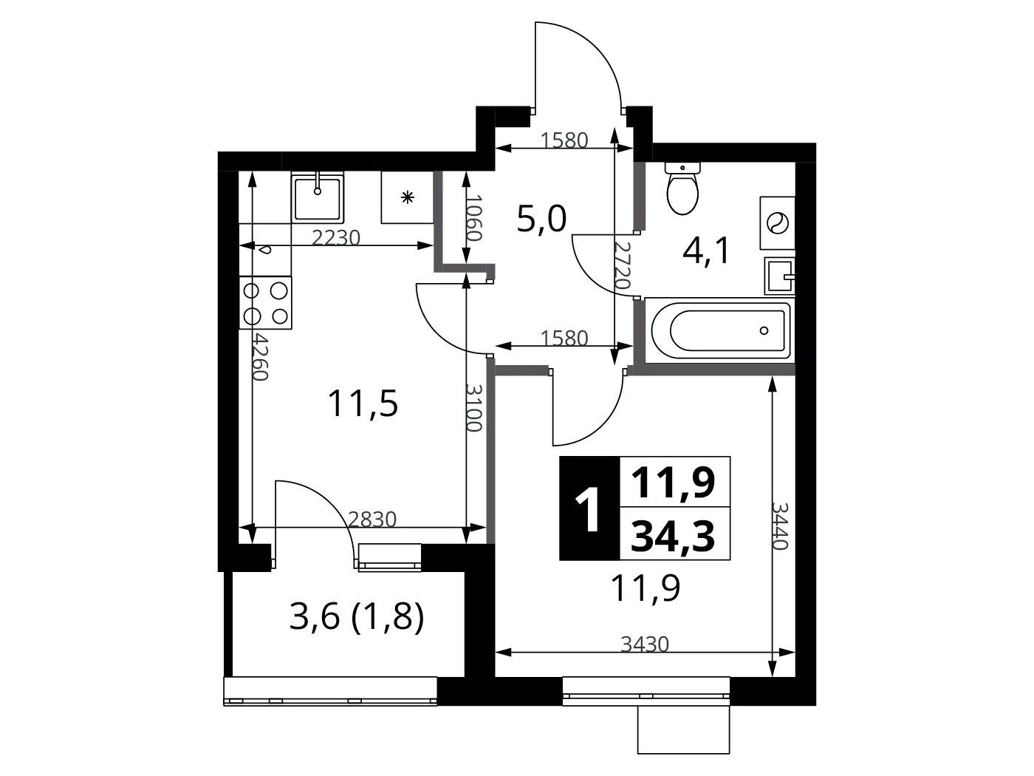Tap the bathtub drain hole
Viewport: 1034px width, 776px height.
point(764,330)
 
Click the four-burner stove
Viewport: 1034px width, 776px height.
point(265,302)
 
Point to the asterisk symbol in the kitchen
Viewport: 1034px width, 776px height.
point(408,197)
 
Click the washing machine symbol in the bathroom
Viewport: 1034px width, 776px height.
point(777,223)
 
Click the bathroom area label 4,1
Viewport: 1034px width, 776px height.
point(706,251)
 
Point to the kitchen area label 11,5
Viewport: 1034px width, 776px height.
point(363,404)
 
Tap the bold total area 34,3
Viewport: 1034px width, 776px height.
point(673,537)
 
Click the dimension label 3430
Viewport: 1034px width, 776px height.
point(645,644)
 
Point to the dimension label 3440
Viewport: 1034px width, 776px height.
point(780,525)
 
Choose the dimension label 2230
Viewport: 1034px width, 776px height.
point(336,238)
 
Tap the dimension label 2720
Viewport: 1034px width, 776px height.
point(622,265)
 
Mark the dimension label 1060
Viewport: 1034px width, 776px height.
point(474,217)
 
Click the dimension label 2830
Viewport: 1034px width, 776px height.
point(372,520)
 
